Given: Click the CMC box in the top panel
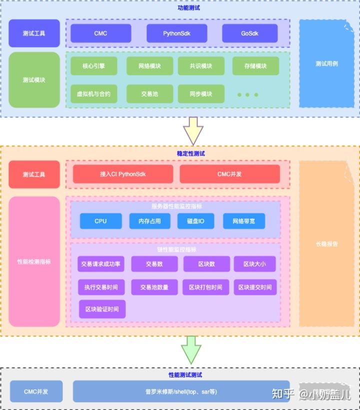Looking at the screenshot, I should coord(100,33).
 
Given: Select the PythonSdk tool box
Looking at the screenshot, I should coord(176,33).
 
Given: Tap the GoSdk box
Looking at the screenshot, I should coord(249,33).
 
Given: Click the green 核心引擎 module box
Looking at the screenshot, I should coord(93,66).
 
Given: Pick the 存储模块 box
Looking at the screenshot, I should coord(255,66).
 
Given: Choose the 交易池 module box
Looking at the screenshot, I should coord(149,93).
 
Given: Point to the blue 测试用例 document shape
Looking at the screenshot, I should coord(326,63).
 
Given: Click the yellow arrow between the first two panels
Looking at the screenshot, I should coord(193,131).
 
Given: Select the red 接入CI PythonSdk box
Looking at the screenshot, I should coord(123,174).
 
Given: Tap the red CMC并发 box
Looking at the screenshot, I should coord(229,174).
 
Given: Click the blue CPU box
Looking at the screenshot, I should coord(100,221).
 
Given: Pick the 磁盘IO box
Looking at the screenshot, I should coord(195,221).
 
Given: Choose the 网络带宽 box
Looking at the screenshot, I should coord(243,221).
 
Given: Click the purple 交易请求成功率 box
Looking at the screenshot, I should coord(100,264).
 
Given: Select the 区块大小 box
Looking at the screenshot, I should coord(255,264).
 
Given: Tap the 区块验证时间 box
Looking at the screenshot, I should coord(102,309).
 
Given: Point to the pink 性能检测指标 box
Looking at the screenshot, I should coord(34,261).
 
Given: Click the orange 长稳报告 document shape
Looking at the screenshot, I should coord(326,243).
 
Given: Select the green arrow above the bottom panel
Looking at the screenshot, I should coord(191,349).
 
